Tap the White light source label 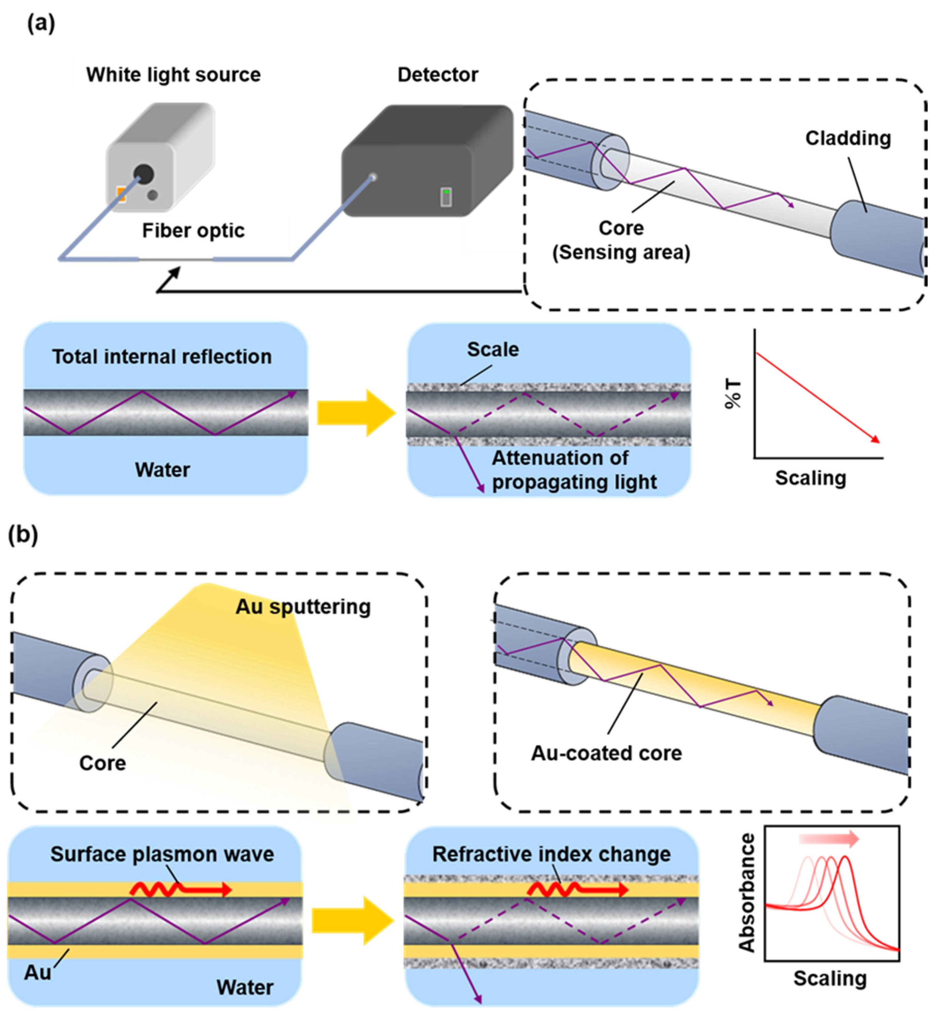pos(174,75)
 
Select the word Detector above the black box pos(437,75)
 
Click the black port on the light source pos(144,174)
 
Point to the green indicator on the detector pos(446,192)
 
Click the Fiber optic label pos(193,231)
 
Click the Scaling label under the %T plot pos(810,478)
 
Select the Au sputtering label pos(303,607)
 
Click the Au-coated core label pos(606,753)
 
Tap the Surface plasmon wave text pos(162,854)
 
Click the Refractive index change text pos(551,854)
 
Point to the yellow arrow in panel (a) pos(356,413)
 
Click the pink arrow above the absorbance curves pos(829,839)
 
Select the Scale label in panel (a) pos(493,349)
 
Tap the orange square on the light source pos(121,194)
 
